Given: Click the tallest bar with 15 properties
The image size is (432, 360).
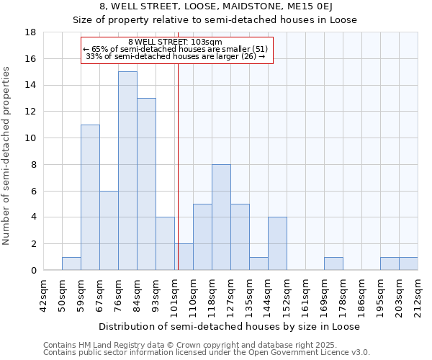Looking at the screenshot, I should [127, 171].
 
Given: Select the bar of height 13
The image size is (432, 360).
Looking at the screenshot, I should [146, 184].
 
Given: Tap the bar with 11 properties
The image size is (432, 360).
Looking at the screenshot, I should [90, 197].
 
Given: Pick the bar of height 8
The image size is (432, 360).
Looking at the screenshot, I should [221, 217].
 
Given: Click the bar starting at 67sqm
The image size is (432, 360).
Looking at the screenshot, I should [109, 230].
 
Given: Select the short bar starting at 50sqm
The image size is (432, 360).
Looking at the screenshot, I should [71, 264].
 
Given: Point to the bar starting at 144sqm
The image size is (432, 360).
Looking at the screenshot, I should [277, 243].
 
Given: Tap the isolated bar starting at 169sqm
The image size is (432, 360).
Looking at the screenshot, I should [333, 264].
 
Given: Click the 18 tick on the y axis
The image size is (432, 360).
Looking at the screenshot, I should [31, 32].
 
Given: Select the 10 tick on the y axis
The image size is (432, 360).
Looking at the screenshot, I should [31, 138].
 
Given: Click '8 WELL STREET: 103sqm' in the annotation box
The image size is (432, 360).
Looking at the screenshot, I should [175, 42].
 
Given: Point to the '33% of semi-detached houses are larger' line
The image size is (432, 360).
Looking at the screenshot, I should [175, 55].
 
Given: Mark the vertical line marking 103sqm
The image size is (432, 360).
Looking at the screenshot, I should [177, 166].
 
